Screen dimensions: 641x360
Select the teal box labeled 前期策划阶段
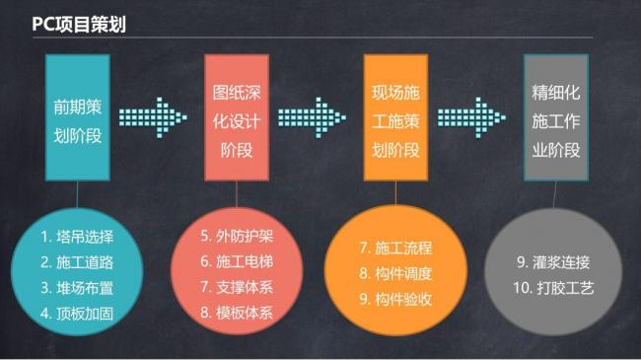pyautogui.click(x=78, y=117)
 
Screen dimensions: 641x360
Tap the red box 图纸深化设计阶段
pyautogui.click(x=237, y=117)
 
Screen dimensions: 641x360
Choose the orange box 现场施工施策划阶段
pyautogui.click(x=395, y=117)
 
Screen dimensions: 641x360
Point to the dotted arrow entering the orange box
pyautogui.click(x=315, y=116)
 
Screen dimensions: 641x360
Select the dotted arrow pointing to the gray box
pyautogui.click(x=473, y=116)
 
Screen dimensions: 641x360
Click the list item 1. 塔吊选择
pyautogui.click(x=78, y=237)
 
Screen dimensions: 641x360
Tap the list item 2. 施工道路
pyautogui.click(x=78, y=262)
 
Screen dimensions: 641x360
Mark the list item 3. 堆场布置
pyautogui.click(x=78, y=288)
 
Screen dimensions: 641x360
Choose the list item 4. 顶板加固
pyautogui.click(x=78, y=314)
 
